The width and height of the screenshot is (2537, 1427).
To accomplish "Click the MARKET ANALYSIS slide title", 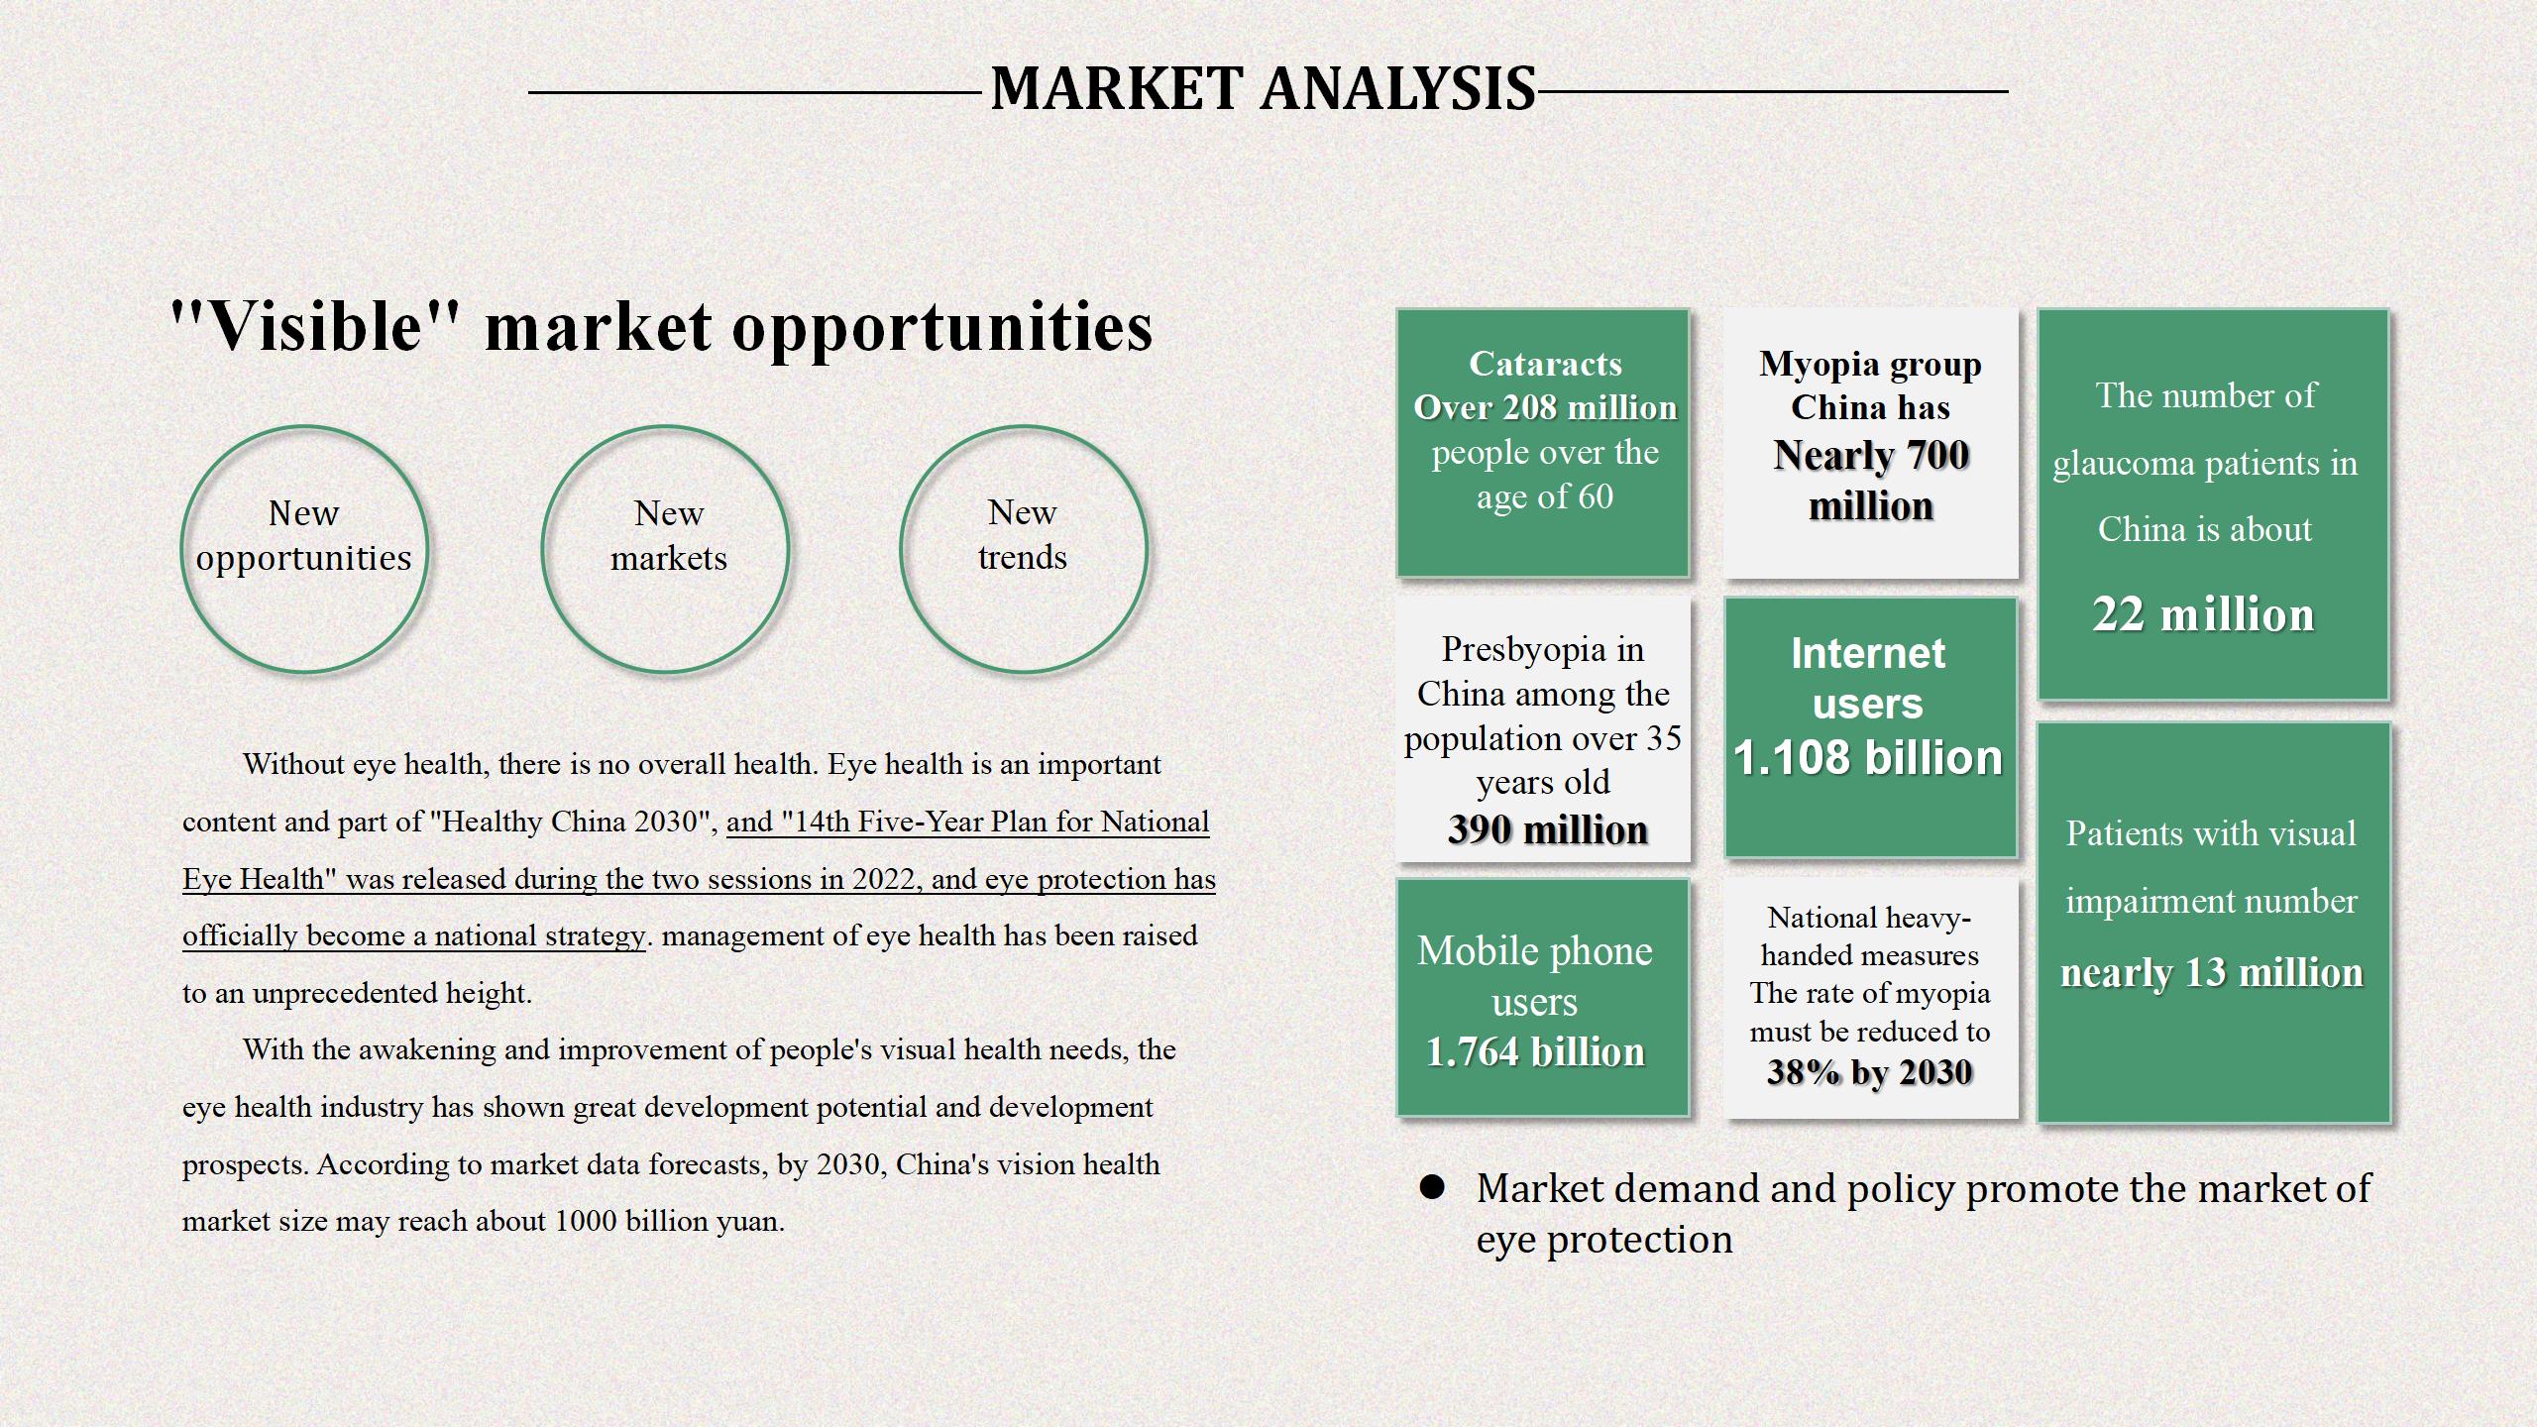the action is [1263, 88].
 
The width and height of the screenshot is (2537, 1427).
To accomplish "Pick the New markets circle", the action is [543, 549].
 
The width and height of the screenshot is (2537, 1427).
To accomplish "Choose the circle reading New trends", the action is [902, 549].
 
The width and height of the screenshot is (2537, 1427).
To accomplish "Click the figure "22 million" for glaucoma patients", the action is [2203, 614].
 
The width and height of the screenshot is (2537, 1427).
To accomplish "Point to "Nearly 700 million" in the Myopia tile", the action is [1871, 481].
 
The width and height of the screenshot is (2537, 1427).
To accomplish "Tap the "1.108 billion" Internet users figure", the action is [1868, 758].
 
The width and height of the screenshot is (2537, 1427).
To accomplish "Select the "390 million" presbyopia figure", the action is [1547, 829].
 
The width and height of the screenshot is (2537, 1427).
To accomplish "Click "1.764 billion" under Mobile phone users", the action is [1535, 1051].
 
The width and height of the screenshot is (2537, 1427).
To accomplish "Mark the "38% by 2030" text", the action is [1869, 1072].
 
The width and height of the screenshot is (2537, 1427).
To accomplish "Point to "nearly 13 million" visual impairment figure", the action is [2212, 973].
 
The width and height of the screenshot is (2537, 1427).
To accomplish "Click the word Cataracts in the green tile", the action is [1545, 364].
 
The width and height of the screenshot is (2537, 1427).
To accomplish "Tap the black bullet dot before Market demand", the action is [1432, 1187].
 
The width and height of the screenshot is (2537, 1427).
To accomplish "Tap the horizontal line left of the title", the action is [755, 92].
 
